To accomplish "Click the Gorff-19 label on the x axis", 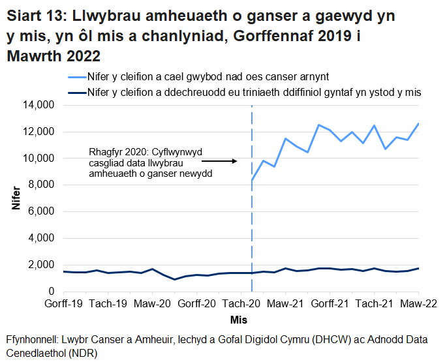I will (x=63, y=304).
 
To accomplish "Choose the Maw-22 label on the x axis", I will (x=418, y=304).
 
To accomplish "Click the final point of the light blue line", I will (x=418, y=123).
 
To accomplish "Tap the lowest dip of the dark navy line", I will (x=174, y=279).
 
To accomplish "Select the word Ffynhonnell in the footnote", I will (x=32, y=340).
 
